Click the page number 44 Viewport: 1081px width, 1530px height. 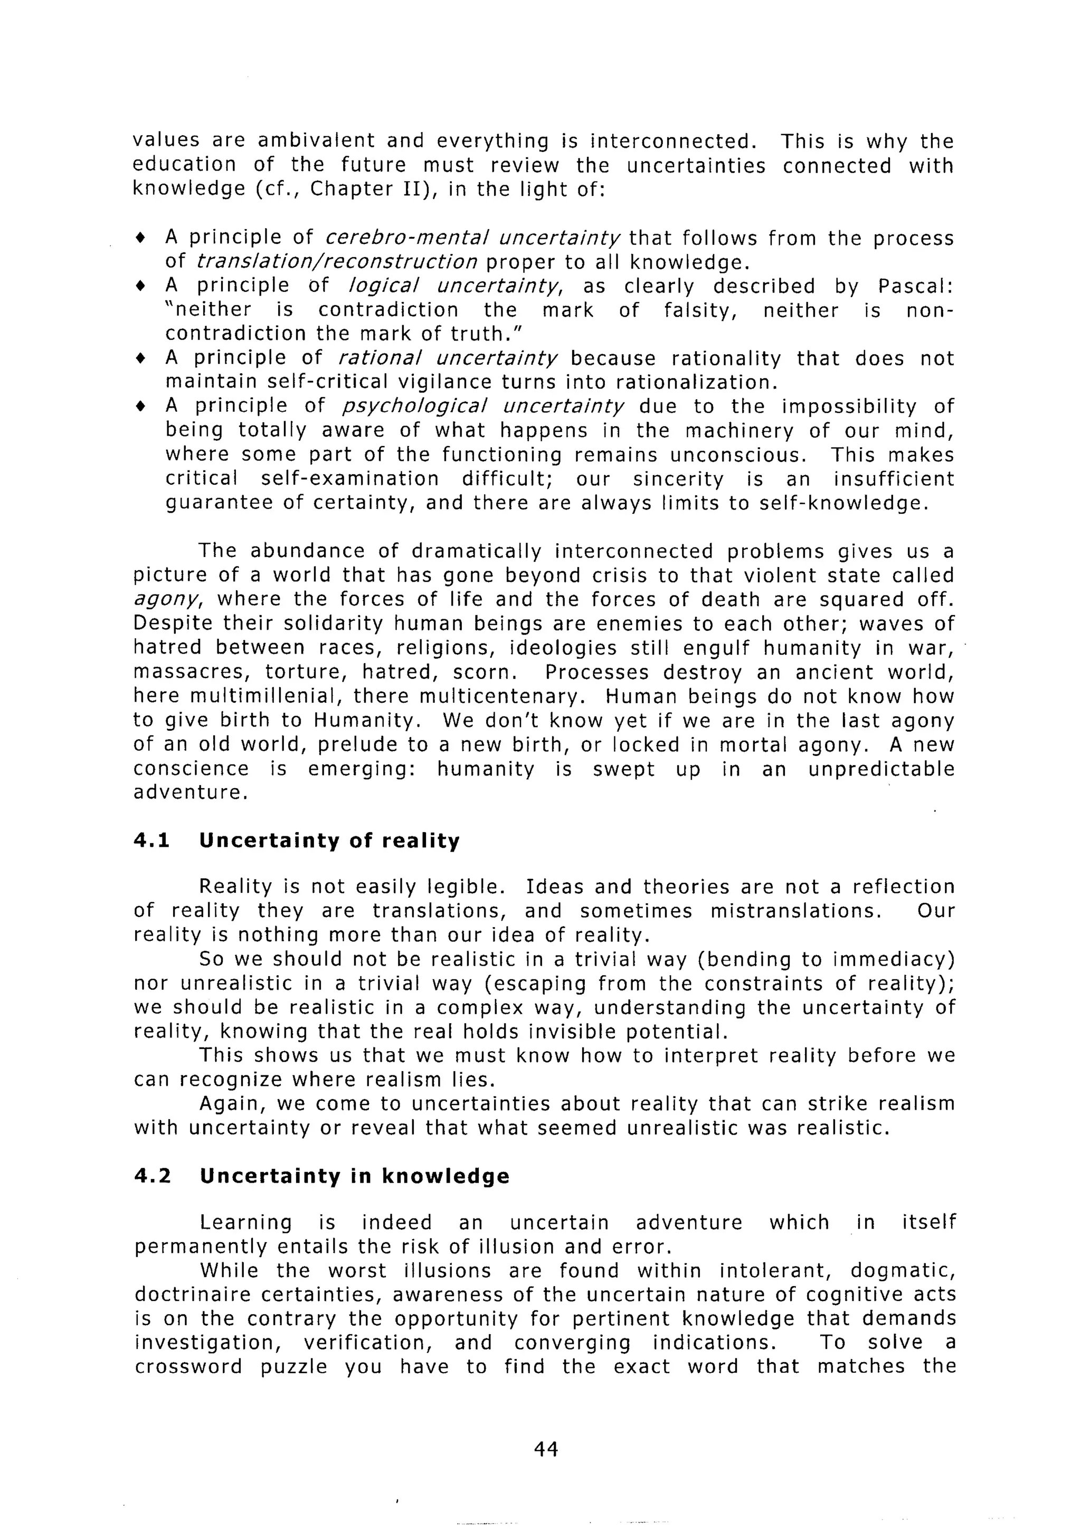pos(545,1449)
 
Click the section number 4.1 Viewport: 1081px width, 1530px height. pos(152,840)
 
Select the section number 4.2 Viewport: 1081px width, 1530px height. pos(153,1176)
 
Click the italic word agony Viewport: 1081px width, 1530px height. pos(166,600)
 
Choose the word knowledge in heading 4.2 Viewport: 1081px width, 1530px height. pos(445,1176)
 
